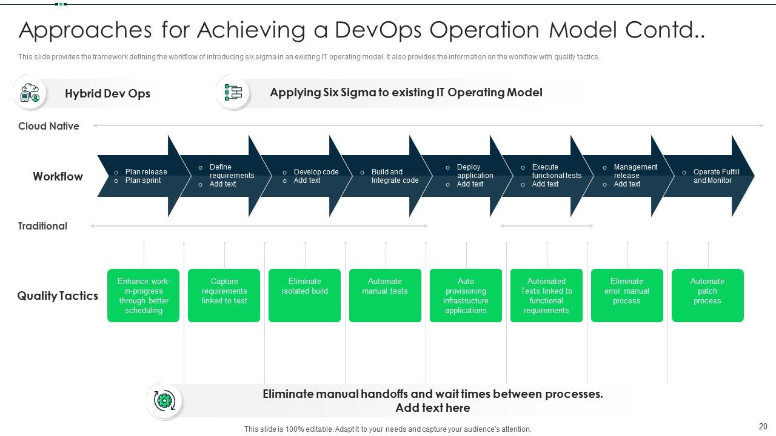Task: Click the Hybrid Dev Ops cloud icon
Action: click(x=30, y=93)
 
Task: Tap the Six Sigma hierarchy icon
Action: click(x=233, y=93)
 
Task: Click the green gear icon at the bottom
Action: click(x=164, y=400)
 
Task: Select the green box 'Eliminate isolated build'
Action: click(x=304, y=295)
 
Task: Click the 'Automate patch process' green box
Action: click(x=707, y=295)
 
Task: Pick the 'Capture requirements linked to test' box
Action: click(x=224, y=295)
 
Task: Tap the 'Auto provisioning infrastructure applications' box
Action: click(x=466, y=295)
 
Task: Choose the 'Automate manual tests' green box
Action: click(x=385, y=295)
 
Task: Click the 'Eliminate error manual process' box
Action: click(x=627, y=295)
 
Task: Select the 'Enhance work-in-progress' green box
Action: click(x=143, y=295)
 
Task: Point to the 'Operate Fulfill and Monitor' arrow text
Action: click(x=716, y=176)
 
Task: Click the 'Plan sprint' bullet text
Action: click(x=143, y=180)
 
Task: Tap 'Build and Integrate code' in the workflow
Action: click(x=395, y=176)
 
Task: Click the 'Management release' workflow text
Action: click(x=635, y=171)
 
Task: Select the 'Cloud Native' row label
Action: click(x=48, y=126)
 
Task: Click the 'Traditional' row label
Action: click(x=42, y=226)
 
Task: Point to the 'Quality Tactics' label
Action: click(x=58, y=296)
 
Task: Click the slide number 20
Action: click(x=763, y=426)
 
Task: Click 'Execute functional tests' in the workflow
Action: click(x=556, y=171)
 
